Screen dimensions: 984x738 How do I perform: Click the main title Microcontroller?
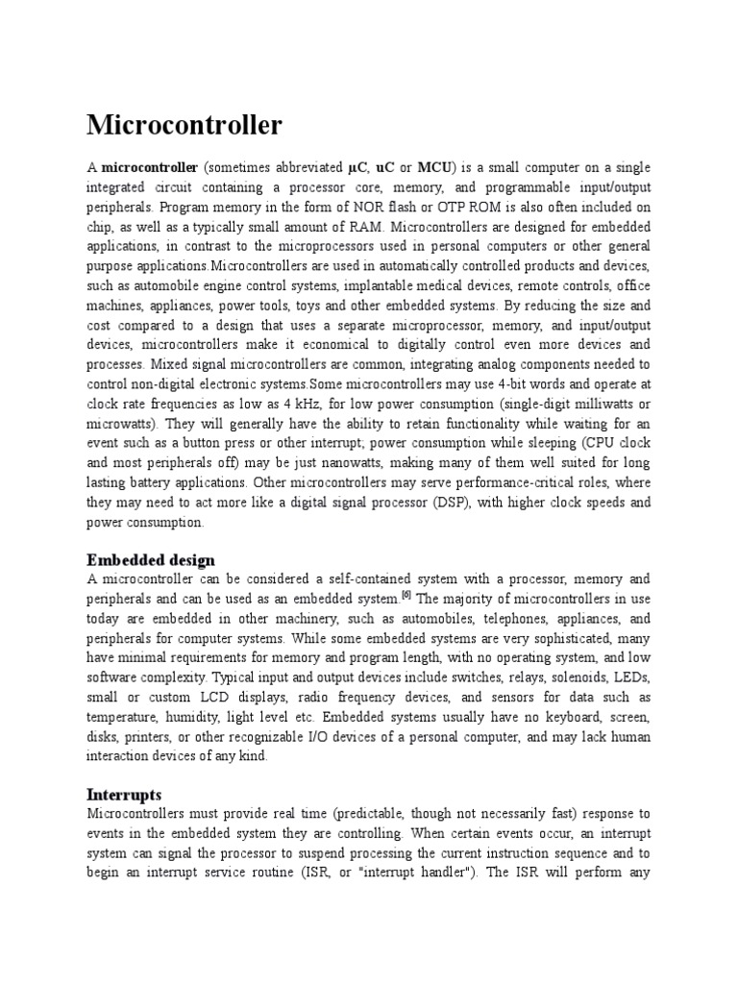coord(184,126)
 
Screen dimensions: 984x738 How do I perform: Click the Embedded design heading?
coord(151,560)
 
